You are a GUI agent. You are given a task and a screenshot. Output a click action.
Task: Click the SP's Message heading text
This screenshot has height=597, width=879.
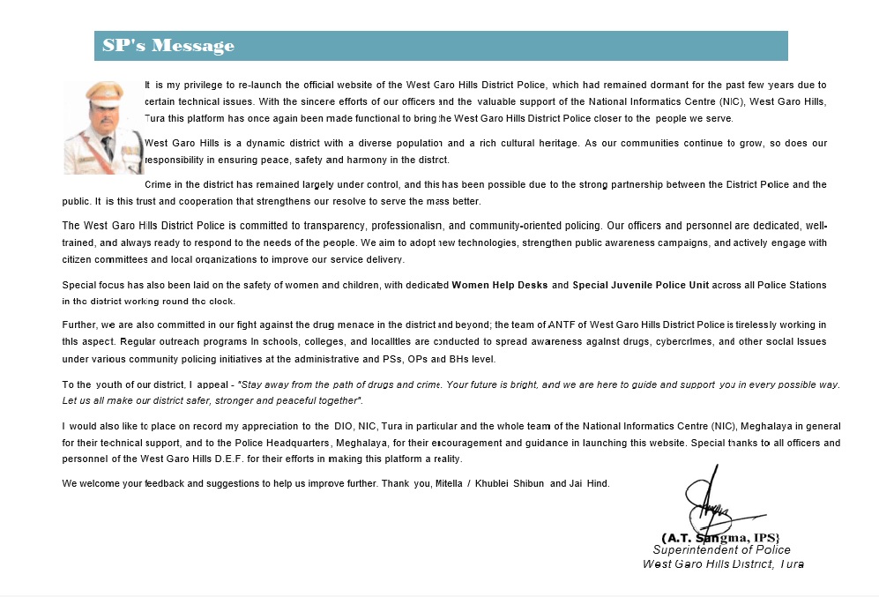168,46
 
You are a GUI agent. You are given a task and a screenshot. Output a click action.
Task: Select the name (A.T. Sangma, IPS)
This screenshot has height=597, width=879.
720,537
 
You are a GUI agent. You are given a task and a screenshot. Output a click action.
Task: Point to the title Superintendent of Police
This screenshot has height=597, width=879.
721,549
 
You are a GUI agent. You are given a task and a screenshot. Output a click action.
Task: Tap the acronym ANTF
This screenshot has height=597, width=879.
564,325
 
